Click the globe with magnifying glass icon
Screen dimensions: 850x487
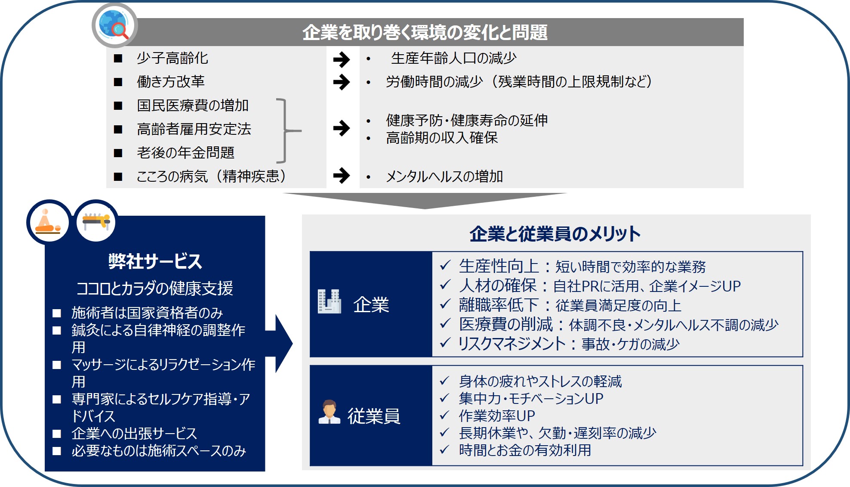click(114, 25)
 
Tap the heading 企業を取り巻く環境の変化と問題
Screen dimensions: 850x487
click(425, 33)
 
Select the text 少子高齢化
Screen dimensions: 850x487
click(172, 58)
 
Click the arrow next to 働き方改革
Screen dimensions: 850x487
click(342, 82)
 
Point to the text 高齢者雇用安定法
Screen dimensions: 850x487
click(194, 129)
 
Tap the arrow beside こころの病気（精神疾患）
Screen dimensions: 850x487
click(342, 175)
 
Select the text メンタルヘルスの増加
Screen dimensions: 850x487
click(444, 176)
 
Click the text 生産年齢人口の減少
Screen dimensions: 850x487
click(454, 58)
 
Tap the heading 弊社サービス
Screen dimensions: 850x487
click(155, 261)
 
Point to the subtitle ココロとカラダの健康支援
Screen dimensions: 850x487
click(155, 288)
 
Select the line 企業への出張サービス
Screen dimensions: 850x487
click(134, 433)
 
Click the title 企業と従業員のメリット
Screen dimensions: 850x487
click(555, 234)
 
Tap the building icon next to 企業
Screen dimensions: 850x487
click(330, 301)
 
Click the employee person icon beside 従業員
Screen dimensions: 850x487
click(330, 413)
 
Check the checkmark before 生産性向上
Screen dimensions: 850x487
click(445, 265)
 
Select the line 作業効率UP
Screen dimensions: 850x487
click(497, 416)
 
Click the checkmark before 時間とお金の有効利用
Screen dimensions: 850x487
click(444, 450)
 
